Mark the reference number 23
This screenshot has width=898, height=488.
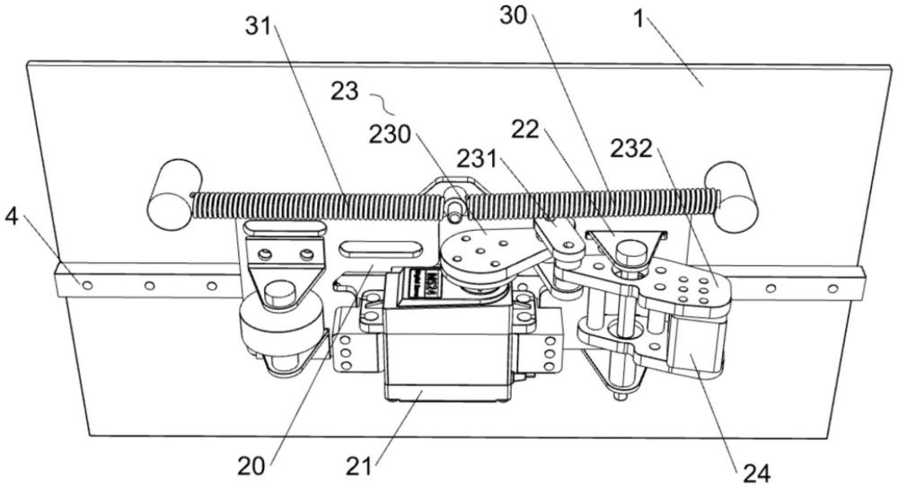click(x=346, y=91)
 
